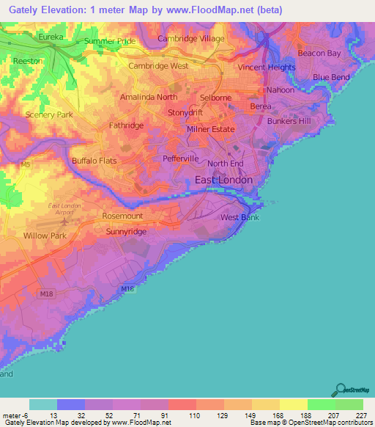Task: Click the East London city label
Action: coord(223,180)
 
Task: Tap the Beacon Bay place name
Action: coord(319,54)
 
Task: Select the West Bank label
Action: coord(240,218)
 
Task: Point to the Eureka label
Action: coord(51,36)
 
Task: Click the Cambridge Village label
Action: coord(191,38)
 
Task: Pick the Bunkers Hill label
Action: coord(289,121)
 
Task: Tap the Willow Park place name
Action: coord(45,236)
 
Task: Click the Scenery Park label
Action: coord(49,115)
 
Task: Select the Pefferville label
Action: coord(181,158)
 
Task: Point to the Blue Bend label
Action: coord(331,77)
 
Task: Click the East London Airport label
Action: coord(67,208)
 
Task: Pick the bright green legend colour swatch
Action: coord(321,404)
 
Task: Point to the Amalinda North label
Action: coord(149,97)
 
